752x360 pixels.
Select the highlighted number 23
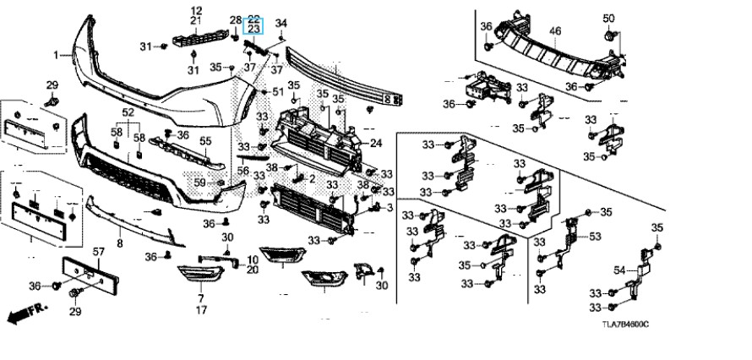pos(253,29)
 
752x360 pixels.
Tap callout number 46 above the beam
pos(555,31)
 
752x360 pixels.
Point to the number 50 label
pos(608,19)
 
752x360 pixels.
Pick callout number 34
pos(281,23)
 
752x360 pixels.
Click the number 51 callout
pos(278,91)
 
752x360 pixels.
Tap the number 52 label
pos(128,112)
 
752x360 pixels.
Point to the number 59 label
pos(199,182)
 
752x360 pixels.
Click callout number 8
pos(119,243)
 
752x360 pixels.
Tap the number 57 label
pos(97,252)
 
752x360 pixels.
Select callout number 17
pos(201,311)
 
